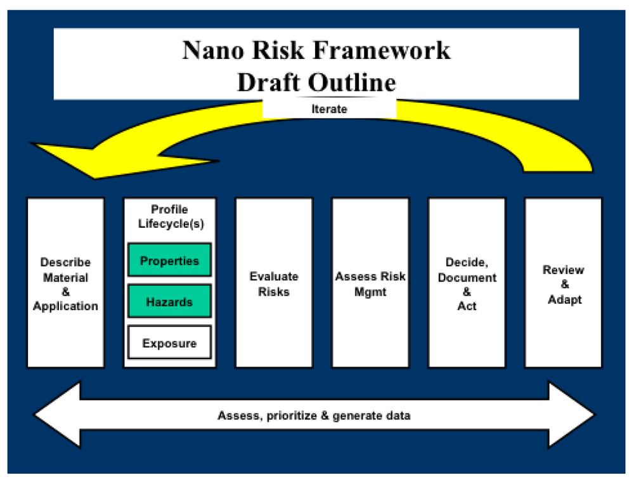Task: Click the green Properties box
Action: pos(169,260)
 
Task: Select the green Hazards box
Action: pos(169,301)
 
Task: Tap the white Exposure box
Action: pos(169,343)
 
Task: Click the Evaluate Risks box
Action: pos(274,283)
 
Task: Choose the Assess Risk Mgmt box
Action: pos(370,283)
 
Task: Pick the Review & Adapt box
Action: pos(563,283)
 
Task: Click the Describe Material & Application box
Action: pos(65,283)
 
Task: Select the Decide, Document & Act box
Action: pos(467,283)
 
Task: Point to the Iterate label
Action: pos(329,109)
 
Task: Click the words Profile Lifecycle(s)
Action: pos(171,216)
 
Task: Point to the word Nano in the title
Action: pos(213,50)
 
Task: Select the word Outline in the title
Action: pos(352,82)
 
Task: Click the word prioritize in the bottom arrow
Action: pos(292,416)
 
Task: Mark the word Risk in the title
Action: pos(278,50)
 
